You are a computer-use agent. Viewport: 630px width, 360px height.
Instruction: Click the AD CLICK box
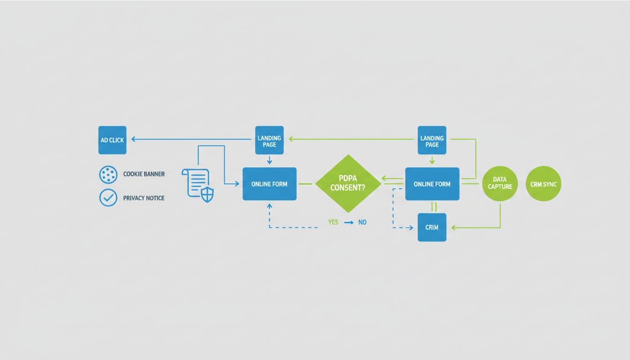pos(112,140)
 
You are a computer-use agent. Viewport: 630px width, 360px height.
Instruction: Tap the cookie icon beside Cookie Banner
pos(108,174)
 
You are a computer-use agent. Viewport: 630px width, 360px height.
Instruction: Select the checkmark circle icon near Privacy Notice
pos(108,198)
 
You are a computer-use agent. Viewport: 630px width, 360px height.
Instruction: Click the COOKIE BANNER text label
pos(144,174)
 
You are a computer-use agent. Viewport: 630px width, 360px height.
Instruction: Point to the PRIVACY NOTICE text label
pos(143,198)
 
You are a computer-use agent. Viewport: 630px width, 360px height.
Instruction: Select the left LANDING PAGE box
pos(269,140)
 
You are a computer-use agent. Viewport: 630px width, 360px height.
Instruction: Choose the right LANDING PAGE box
pos(432,140)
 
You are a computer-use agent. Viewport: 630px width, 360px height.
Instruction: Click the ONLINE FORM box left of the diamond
pos(269,184)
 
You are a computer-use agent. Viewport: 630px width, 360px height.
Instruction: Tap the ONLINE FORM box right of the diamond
pos(432,184)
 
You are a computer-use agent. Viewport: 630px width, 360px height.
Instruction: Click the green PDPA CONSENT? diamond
pos(348,184)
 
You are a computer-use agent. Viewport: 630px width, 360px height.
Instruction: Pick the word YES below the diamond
pos(333,222)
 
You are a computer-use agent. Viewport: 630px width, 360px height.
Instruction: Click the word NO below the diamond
pos(362,222)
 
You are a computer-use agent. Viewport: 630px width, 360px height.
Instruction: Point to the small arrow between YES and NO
pos(348,223)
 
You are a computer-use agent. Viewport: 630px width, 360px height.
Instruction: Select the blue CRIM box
pos(432,227)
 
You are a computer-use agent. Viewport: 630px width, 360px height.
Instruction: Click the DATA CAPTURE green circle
pos(500,183)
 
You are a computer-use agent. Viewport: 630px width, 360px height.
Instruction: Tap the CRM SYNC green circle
pos(543,184)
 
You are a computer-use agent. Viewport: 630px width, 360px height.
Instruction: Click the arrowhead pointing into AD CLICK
pos(134,139)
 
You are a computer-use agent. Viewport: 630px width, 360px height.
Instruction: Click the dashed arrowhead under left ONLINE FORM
pos(269,206)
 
